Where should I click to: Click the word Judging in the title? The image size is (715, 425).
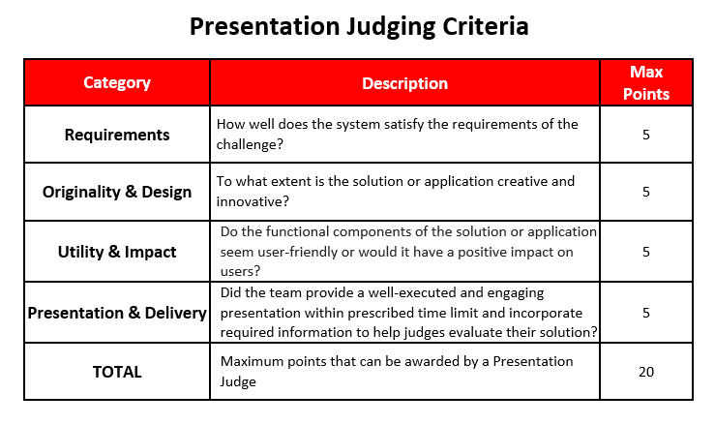click(391, 27)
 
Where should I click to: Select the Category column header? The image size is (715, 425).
click(117, 82)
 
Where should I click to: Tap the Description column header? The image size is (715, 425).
click(405, 83)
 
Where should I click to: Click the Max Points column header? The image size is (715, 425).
click(646, 82)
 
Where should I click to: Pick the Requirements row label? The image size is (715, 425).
click(117, 135)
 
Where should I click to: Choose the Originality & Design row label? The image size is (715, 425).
click(117, 193)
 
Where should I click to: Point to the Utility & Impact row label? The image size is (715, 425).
click(117, 252)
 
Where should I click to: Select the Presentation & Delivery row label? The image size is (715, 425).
click(117, 313)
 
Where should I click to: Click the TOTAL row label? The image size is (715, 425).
click(117, 372)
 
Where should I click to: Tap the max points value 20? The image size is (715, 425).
click(646, 372)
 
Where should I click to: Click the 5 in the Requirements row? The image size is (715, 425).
click(646, 135)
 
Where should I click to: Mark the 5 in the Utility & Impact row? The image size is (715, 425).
click(646, 252)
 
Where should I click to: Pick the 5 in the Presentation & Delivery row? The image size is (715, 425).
click(646, 313)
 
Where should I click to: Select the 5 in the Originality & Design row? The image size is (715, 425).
click(646, 192)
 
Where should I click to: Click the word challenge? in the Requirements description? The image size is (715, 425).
click(250, 144)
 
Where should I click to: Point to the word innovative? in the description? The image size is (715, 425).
click(253, 201)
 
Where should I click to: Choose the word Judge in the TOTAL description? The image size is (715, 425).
click(238, 382)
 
